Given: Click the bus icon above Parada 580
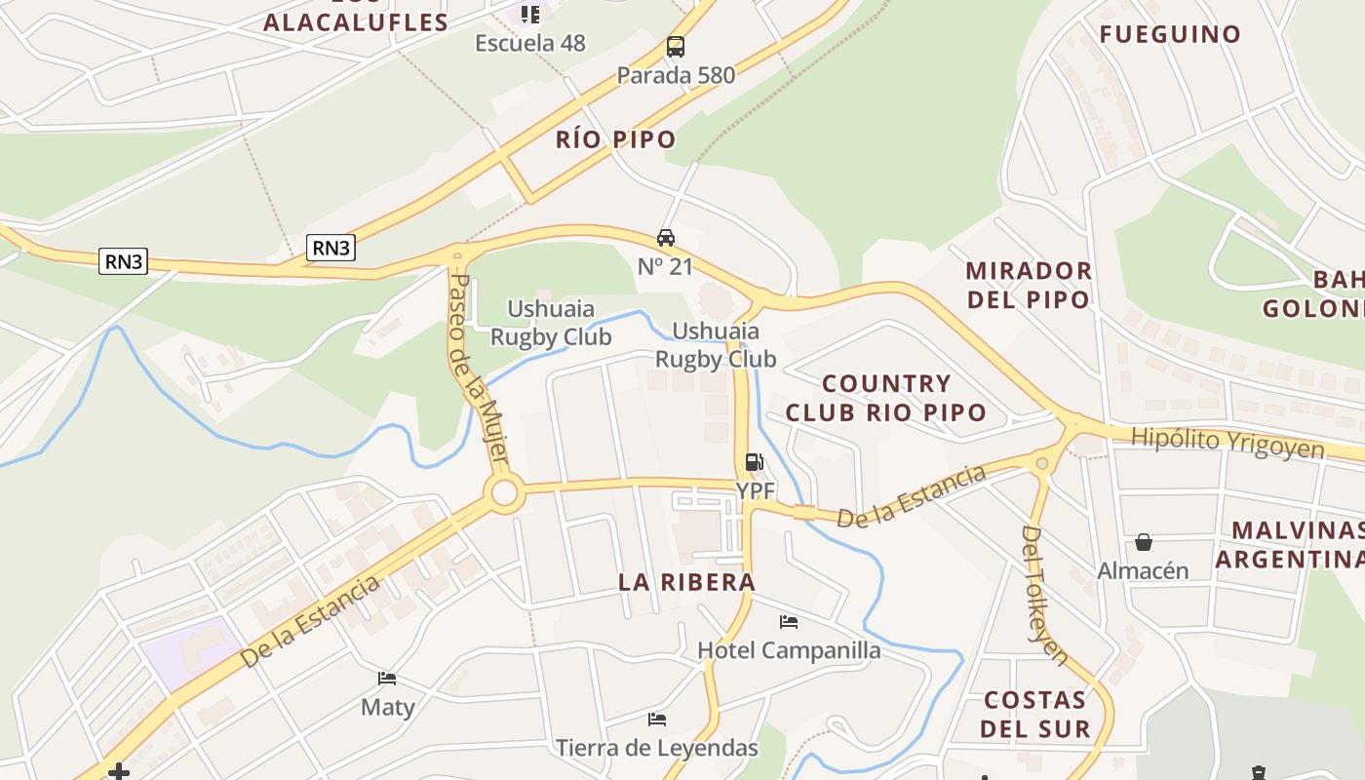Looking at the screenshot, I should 675,46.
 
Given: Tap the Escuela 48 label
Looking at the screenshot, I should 530,43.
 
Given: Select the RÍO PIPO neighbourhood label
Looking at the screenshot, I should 615,139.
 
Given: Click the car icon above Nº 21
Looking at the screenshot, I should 666,238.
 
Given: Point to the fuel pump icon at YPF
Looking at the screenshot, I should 754,462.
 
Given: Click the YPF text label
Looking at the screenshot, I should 755,489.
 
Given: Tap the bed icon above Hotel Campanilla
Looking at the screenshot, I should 789,622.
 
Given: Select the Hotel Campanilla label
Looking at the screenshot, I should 789,650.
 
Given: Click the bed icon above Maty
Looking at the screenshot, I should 387,679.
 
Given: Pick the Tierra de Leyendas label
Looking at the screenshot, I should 656,748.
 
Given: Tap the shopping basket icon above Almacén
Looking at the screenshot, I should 1143,542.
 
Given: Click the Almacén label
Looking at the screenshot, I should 1143,570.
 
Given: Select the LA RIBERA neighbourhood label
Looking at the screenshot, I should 686,582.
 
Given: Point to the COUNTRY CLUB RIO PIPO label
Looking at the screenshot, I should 885,398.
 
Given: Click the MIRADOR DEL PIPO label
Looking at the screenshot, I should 1029,285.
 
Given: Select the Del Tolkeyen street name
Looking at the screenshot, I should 1044,595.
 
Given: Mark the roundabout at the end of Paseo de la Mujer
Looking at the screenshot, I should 504,492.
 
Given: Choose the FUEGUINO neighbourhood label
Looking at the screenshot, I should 1170,35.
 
